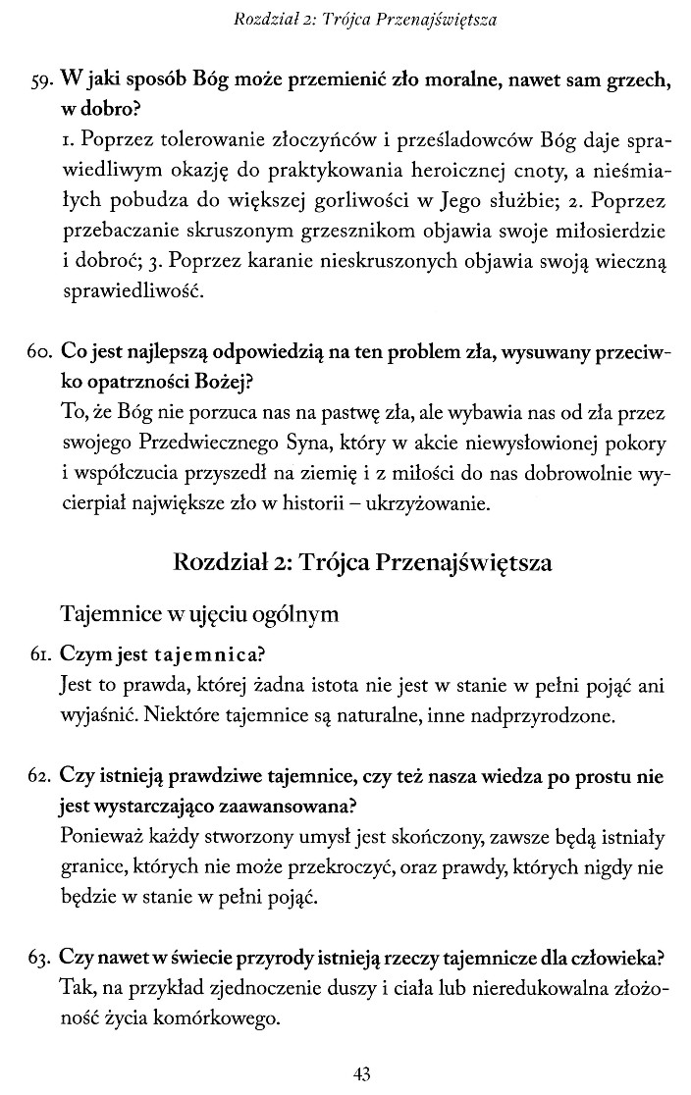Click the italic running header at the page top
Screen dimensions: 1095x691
coord(357,18)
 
